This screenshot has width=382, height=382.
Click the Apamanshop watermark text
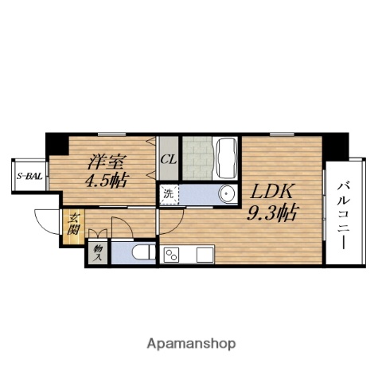tap(191, 345)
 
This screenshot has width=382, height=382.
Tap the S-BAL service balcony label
tap(29, 176)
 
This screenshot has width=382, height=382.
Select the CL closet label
tap(169, 160)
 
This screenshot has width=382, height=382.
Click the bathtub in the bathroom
tap(227, 157)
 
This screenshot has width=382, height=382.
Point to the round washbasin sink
tap(227, 194)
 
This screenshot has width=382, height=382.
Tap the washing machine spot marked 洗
tap(168, 194)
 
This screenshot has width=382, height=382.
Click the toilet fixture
tap(143, 252)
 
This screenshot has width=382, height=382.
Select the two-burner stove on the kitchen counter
tap(172, 255)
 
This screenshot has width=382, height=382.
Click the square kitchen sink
tap(205, 255)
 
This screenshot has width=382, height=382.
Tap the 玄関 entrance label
tap(72, 224)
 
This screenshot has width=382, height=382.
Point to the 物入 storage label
tap(98, 253)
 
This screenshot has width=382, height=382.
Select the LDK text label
tap(272, 192)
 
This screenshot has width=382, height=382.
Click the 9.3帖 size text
tap(272, 212)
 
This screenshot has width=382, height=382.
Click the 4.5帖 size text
tap(106, 180)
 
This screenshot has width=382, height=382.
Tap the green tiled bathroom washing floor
tap(197, 158)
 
